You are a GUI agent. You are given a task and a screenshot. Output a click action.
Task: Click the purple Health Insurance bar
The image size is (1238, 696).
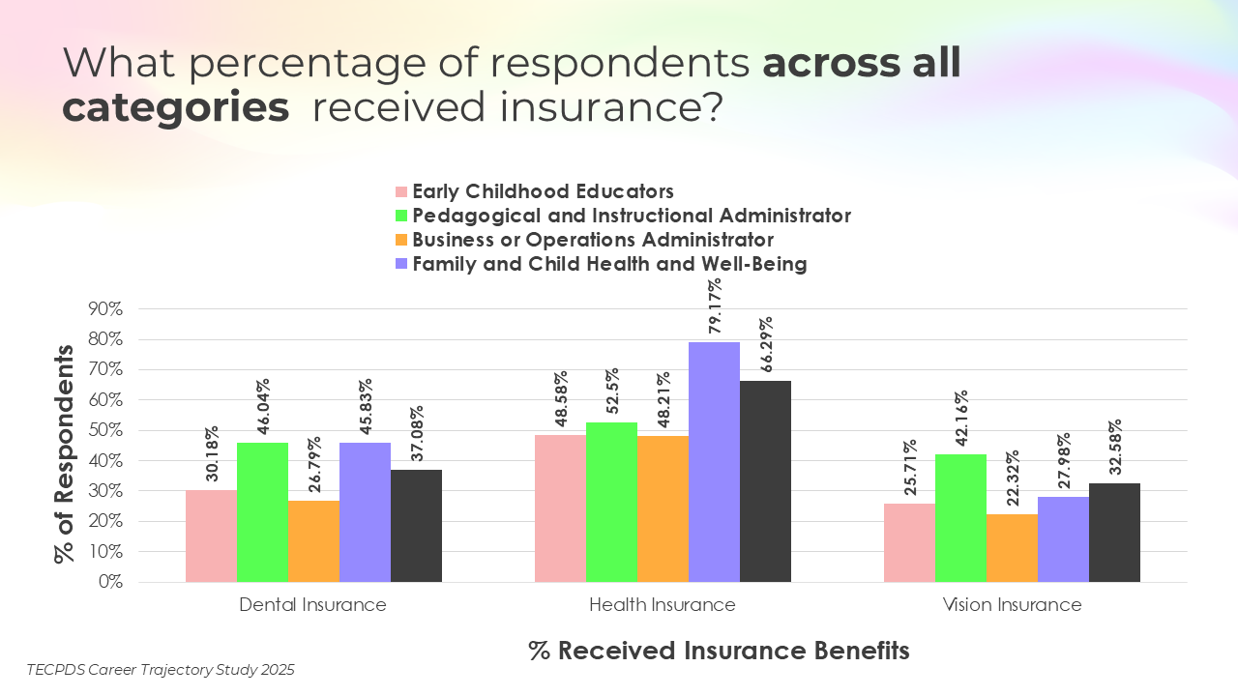tap(714, 462)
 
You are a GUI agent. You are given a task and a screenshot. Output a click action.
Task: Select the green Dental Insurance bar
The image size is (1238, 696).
tap(262, 512)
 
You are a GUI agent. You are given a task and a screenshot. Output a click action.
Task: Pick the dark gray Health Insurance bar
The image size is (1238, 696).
tap(765, 481)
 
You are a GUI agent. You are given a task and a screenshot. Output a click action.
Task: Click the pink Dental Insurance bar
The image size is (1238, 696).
tap(211, 536)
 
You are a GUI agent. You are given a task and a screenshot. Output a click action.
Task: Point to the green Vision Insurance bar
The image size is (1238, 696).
tap(960, 518)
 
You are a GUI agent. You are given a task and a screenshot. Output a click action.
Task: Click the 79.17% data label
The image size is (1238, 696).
tap(715, 308)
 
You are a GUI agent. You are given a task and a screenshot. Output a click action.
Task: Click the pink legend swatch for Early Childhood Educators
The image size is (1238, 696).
tap(400, 191)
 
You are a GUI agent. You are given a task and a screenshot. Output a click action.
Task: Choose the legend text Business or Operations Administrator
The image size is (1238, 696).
tap(593, 239)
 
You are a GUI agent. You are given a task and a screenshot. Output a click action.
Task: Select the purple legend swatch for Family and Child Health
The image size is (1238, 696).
tap(400, 264)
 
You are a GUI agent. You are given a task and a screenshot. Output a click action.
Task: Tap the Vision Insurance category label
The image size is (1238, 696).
tap(1012, 605)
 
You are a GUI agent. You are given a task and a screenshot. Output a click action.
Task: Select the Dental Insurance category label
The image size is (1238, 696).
tap(312, 605)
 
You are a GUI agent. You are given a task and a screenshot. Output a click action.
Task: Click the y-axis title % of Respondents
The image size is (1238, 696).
tap(65, 453)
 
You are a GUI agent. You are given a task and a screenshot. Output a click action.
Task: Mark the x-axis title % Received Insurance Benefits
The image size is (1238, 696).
tap(719, 651)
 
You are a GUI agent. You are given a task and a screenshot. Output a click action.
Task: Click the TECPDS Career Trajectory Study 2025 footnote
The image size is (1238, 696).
tap(161, 669)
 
